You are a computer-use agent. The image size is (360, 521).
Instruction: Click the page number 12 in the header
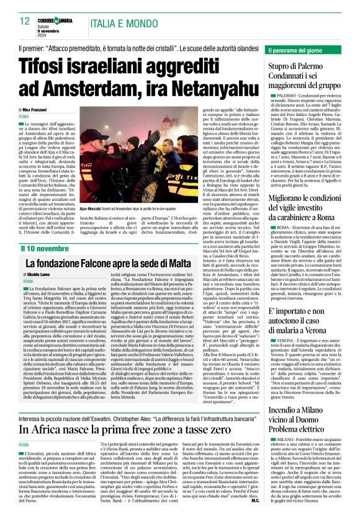tap(24, 21)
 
